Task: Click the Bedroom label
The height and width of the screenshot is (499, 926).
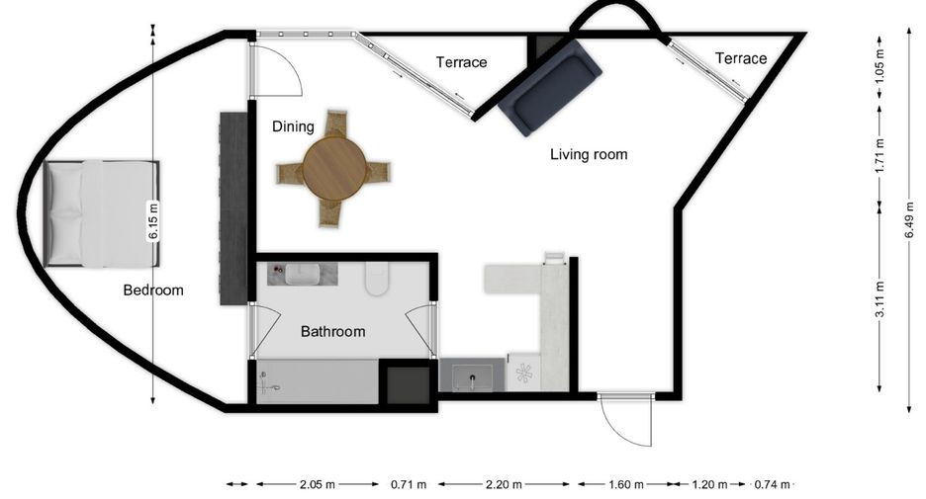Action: (x=153, y=291)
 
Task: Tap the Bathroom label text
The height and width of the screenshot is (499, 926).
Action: (x=333, y=331)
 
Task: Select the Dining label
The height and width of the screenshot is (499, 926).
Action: (x=293, y=126)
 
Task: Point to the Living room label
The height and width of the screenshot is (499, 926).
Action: (x=589, y=154)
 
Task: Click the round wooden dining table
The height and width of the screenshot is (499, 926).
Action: (x=334, y=168)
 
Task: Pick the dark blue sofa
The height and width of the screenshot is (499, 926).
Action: (x=550, y=87)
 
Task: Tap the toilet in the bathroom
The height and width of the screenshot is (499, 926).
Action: (x=376, y=279)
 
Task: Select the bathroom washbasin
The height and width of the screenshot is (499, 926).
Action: (x=303, y=275)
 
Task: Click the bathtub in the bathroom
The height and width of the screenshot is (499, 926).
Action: (x=318, y=381)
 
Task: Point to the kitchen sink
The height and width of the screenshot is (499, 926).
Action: (x=473, y=377)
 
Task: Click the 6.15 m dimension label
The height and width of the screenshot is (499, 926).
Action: (x=153, y=221)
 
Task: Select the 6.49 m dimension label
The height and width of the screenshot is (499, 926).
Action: (x=909, y=220)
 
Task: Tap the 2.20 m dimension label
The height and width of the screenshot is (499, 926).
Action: (x=504, y=485)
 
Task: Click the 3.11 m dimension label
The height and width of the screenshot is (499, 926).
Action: (x=880, y=299)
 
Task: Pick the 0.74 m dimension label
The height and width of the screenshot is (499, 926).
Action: (x=772, y=485)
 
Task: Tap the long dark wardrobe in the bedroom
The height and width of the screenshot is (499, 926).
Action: (x=233, y=208)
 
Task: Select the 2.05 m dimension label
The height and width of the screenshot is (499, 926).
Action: (x=318, y=485)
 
